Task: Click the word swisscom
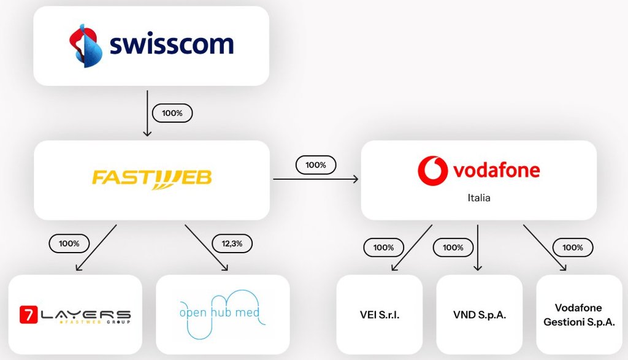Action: pyautogui.click(x=172, y=45)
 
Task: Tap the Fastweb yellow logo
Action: pyautogui.click(x=151, y=178)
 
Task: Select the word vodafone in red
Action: pyautogui.click(x=497, y=170)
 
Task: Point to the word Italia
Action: pyautogui.click(x=478, y=199)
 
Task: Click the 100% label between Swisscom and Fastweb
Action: pyautogui.click(x=172, y=113)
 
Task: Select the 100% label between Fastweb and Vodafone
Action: pyautogui.click(x=316, y=165)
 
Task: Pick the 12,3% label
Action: pyautogui.click(x=231, y=243)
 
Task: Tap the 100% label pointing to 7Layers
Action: pyautogui.click(x=69, y=243)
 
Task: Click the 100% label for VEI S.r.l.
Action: pyautogui.click(x=383, y=248)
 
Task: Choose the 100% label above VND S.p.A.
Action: pyautogui.click(x=453, y=248)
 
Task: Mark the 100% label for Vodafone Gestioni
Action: pyautogui.click(x=572, y=248)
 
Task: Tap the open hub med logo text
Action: pyautogui.click(x=220, y=313)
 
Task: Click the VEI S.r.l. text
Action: pyautogui.click(x=380, y=315)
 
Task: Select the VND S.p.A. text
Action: pyautogui.click(x=479, y=315)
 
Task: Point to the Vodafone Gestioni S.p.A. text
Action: pyautogui.click(x=578, y=315)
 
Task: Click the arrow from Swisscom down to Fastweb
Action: pyautogui.click(x=146, y=113)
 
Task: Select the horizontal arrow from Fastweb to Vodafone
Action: pyautogui.click(x=315, y=179)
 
